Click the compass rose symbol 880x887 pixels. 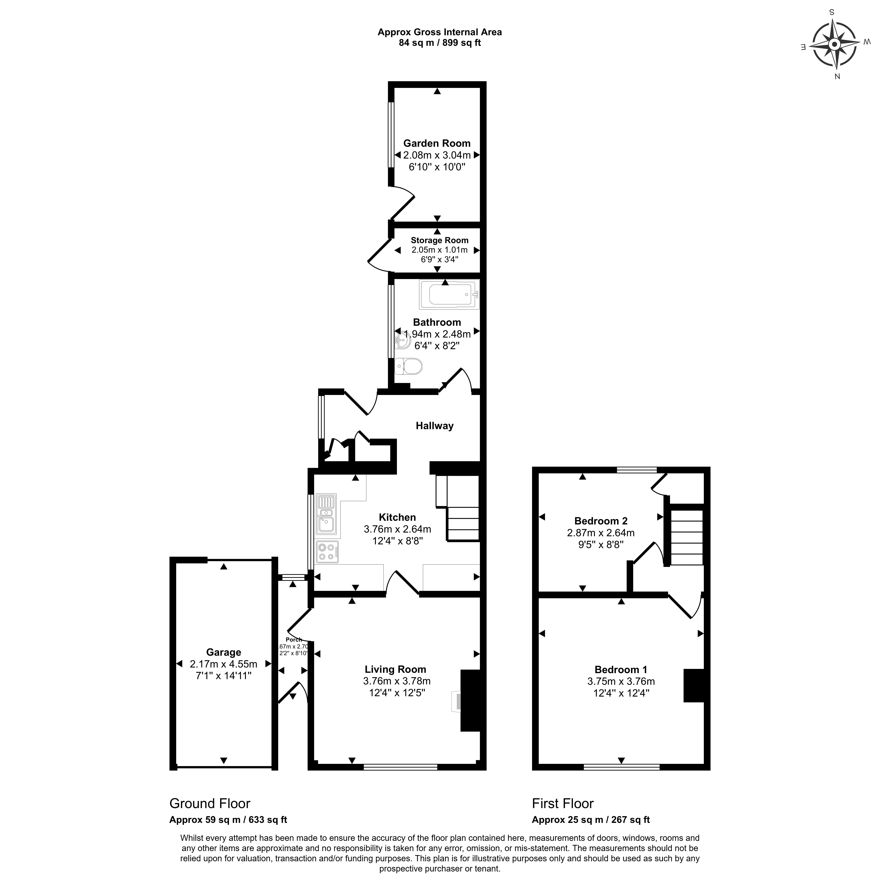(835, 45)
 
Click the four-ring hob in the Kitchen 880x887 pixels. (327, 551)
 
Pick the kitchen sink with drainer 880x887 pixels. (326, 515)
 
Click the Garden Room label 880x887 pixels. (437, 143)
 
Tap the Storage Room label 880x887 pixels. (439, 240)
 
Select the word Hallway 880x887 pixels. (434, 426)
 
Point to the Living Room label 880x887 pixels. (395, 669)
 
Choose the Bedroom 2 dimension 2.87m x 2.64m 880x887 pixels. (600, 533)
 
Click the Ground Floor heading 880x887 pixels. (210, 803)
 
